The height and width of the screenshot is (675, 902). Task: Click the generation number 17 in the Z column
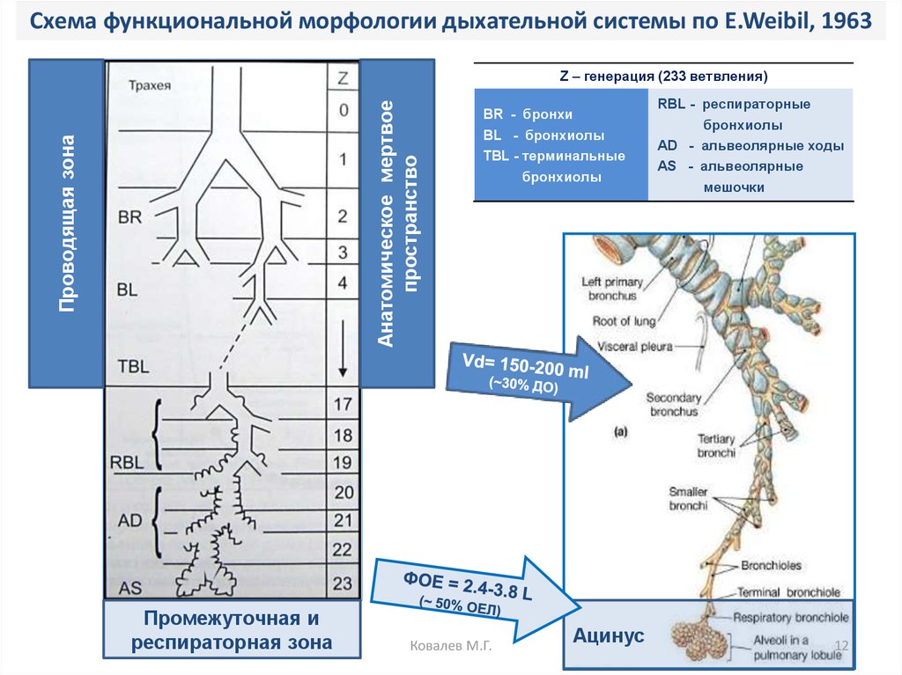tap(343, 405)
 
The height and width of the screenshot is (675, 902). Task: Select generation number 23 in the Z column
tap(343, 582)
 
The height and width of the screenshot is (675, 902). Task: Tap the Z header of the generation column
tap(343, 77)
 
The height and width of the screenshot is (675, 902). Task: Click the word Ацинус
tap(610, 635)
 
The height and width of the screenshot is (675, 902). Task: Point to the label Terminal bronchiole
tap(788, 592)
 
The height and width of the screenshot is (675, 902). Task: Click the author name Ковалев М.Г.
tap(450, 647)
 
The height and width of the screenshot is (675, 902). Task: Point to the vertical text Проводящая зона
tap(67, 222)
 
